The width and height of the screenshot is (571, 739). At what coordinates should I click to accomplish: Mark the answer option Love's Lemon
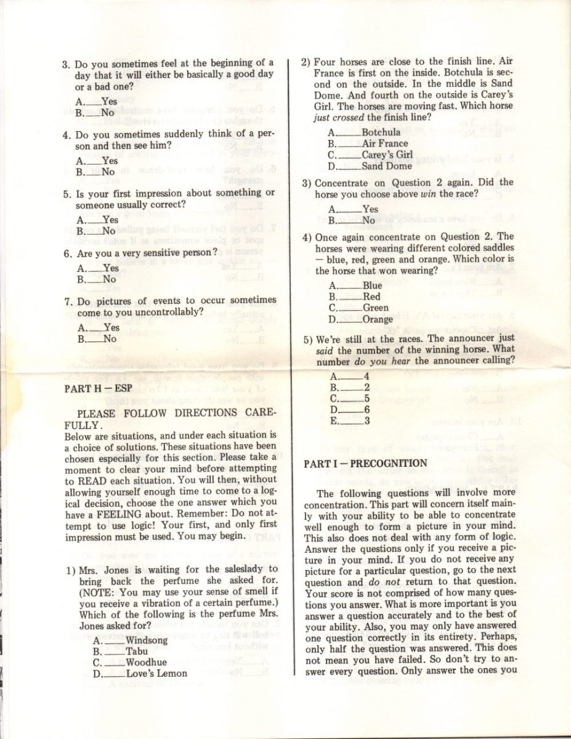[x=156, y=673]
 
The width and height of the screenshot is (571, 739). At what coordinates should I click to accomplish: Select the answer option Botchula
[x=381, y=132]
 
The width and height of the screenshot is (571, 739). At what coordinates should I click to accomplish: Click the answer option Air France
[x=384, y=144]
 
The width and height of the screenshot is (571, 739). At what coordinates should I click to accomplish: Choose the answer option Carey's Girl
[x=387, y=155]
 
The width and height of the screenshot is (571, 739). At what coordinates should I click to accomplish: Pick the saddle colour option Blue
[x=372, y=285]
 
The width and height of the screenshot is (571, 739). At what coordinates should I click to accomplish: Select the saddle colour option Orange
[x=378, y=319]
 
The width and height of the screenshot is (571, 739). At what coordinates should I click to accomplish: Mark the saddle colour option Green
[x=375, y=308]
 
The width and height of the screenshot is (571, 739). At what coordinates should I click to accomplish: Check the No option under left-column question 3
[x=108, y=113]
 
